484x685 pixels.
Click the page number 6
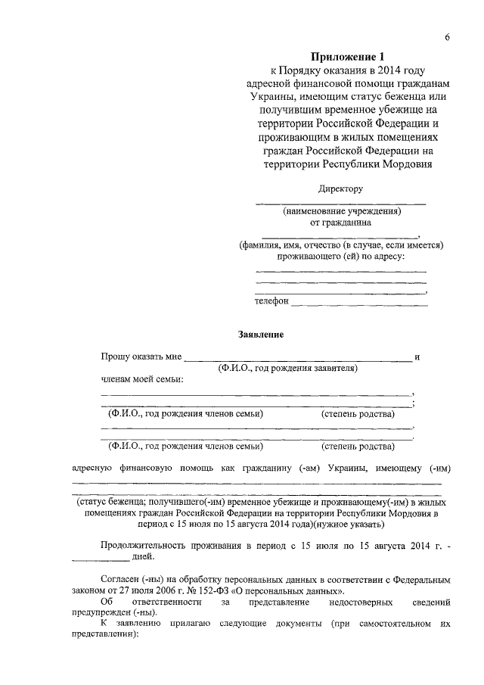pos(448,38)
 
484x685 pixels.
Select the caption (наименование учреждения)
pos(341,213)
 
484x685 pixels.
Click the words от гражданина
pos(341,223)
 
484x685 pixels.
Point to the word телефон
pos(272,301)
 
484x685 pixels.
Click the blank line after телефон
pos(359,304)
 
